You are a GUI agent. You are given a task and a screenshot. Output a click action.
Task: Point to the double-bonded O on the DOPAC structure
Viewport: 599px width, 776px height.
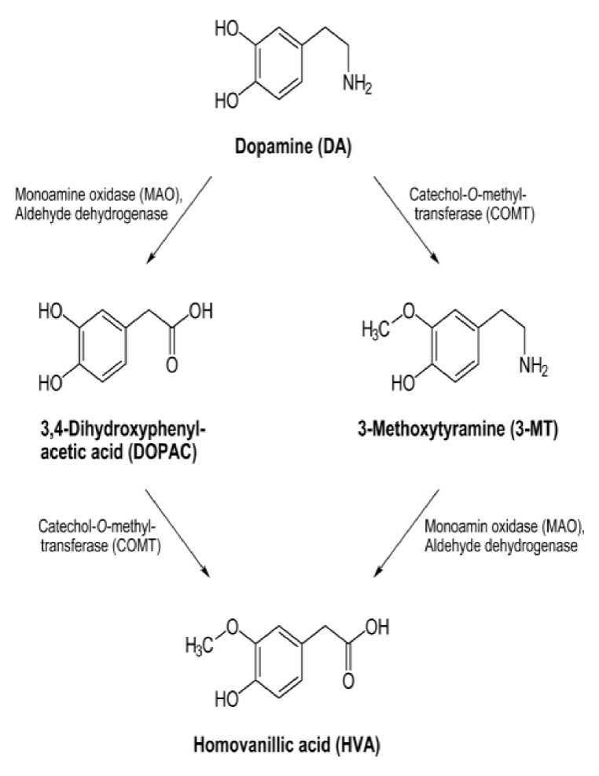click(x=171, y=366)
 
